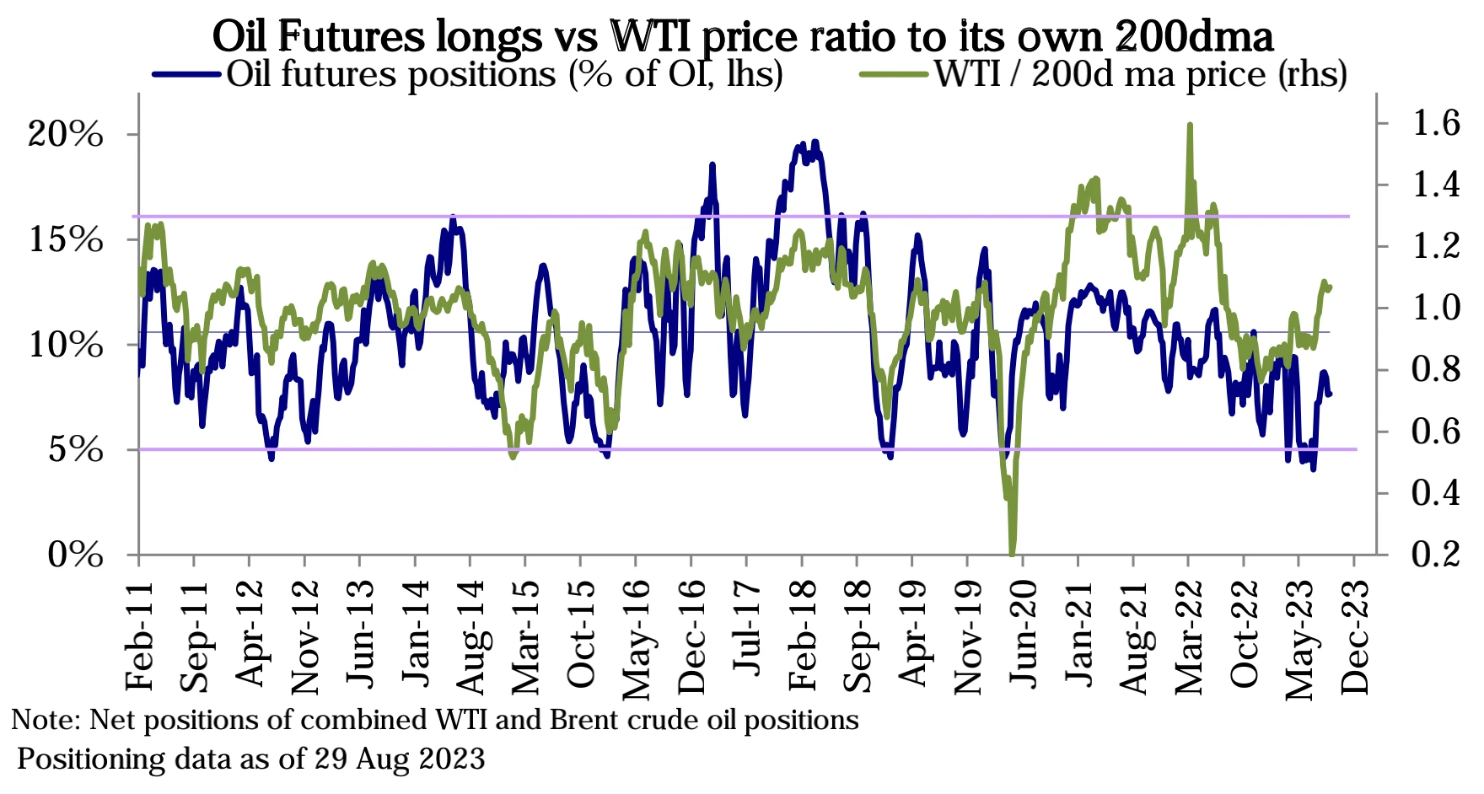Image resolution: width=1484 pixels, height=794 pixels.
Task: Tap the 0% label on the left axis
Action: (76, 555)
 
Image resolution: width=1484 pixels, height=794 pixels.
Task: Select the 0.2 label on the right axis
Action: (1435, 554)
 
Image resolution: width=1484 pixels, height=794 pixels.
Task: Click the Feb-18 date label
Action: (803, 636)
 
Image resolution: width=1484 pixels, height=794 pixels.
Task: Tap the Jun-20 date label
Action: (1024, 636)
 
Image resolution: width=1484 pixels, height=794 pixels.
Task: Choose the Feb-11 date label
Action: (139, 636)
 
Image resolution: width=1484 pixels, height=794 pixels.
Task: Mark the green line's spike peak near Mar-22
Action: (1189, 125)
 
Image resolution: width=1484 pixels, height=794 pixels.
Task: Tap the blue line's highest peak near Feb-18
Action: (815, 142)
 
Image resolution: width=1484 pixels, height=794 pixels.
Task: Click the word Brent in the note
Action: (584, 720)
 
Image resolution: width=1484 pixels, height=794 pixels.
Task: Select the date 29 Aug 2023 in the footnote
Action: (400, 759)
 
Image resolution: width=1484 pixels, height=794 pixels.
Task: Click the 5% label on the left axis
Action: (76, 450)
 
